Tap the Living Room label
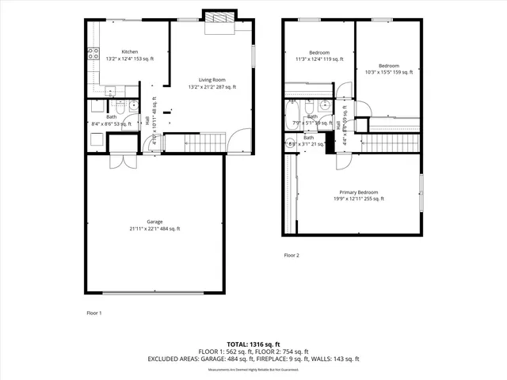click(x=212, y=80)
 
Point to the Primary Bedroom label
click(x=358, y=192)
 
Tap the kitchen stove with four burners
click(x=90, y=53)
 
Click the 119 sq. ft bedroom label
click(x=314, y=56)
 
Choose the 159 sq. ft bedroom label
click(x=388, y=69)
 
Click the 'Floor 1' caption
click(x=93, y=313)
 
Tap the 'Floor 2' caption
click(x=292, y=256)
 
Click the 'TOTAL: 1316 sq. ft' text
click(x=253, y=344)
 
